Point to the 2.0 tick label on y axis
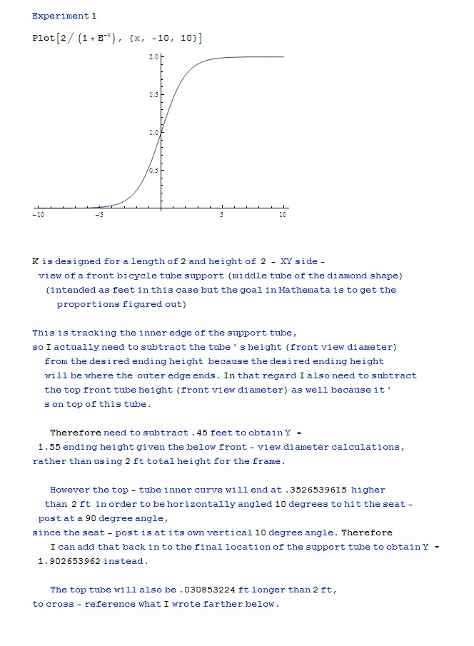point(153,56)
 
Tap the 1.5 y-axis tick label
point(153,94)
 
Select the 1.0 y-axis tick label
point(153,132)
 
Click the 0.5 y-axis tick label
point(153,170)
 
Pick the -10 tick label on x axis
point(38,215)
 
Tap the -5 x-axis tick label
point(99,215)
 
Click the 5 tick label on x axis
point(222,215)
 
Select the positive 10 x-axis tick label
point(283,215)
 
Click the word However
point(70,490)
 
